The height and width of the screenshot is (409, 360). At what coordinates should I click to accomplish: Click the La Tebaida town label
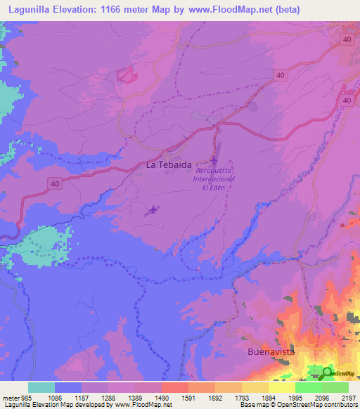165,164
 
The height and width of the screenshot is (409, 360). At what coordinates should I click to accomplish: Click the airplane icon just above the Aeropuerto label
214,162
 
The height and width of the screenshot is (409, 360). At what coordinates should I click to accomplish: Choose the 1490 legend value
161,397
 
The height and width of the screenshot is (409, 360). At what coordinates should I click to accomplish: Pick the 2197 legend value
348,397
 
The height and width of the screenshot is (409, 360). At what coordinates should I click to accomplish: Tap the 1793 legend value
241,397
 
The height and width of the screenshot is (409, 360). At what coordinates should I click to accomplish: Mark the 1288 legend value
108,397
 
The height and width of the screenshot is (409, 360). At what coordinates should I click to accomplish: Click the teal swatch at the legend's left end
41,387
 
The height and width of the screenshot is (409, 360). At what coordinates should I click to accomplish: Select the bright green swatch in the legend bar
308,387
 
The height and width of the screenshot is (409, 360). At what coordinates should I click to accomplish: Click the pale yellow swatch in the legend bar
281,387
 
